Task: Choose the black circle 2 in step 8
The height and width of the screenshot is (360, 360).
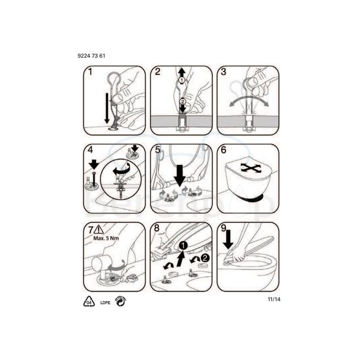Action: click(x=204, y=257)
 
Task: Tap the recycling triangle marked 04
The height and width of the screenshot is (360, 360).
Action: click(x=89, y=301)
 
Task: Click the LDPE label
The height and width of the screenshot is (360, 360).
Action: click(x=105, y=302)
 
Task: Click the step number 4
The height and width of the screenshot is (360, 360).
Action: click(x=90, y=150)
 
